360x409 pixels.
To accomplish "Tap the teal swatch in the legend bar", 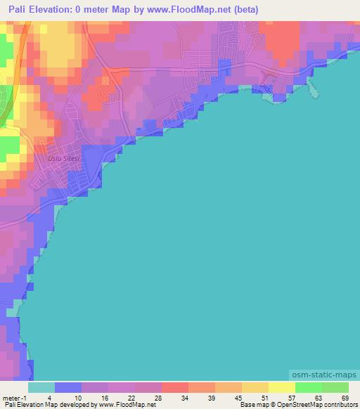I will coord(41,387).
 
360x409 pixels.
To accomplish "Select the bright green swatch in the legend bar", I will coord(309,387).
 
